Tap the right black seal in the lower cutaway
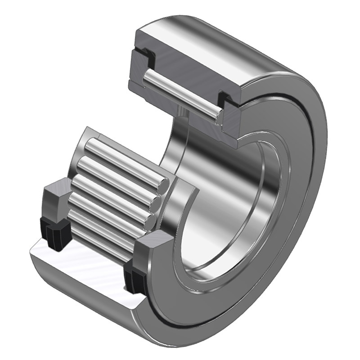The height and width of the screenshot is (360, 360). coord(135,279)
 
